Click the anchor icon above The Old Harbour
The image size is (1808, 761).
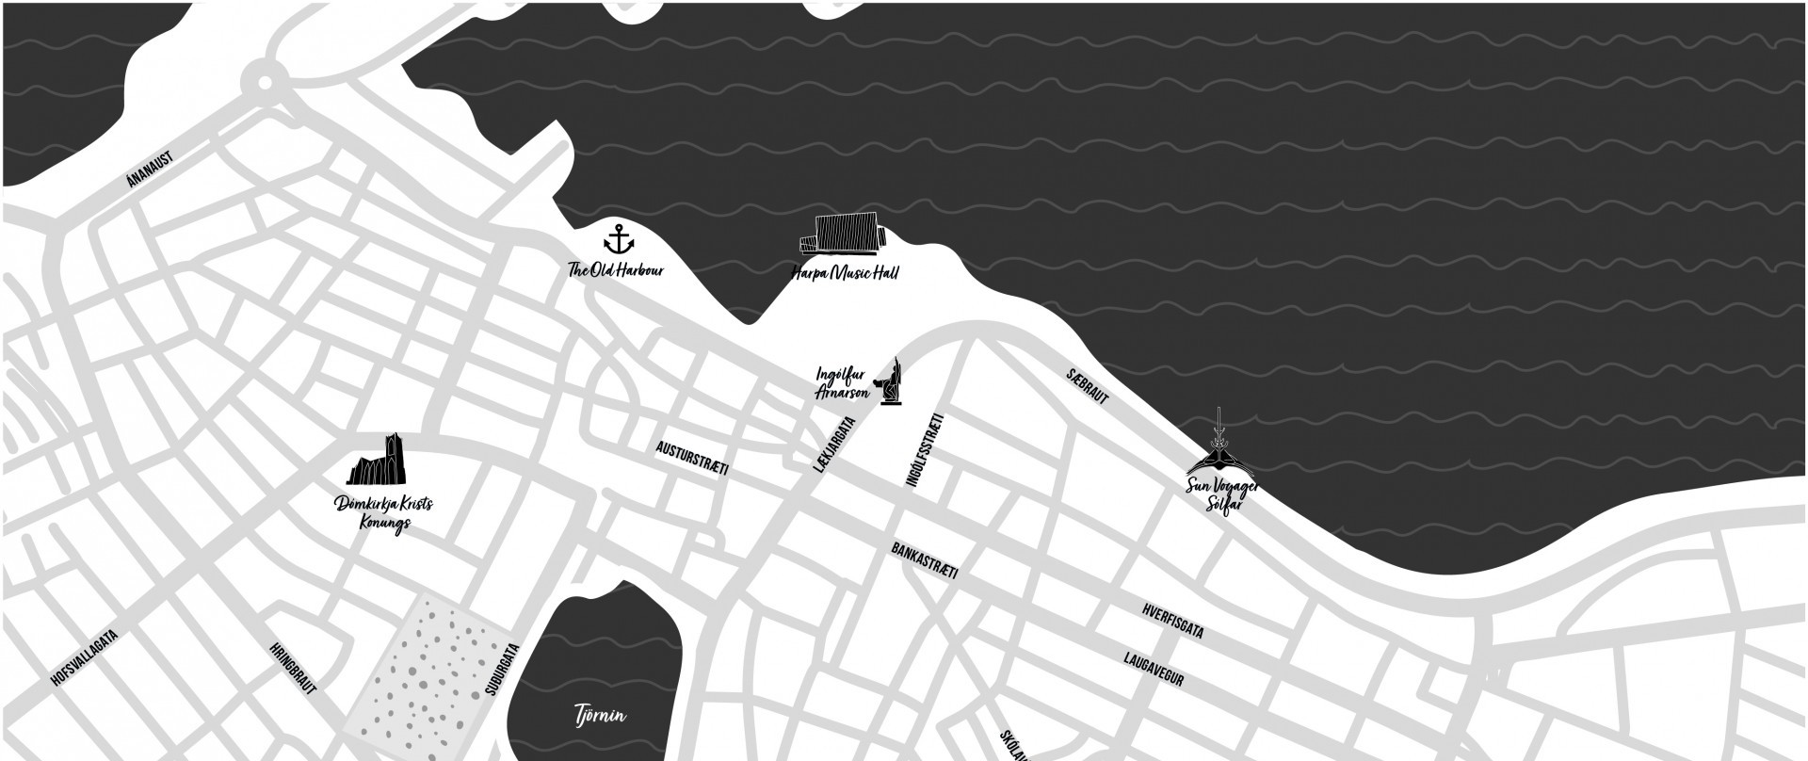pyautogui.click(x=618, y=239)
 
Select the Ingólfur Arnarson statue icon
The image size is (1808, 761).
pyautogui.click(x=892, y=382)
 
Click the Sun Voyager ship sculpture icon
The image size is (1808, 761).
pyautogui.click(x=1219, y=452)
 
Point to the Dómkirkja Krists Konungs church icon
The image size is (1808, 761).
pyautogui.click(x=382, y=461)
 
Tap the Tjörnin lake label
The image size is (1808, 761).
pyautogui.click(x=600, y=716)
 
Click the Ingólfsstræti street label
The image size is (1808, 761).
pyautogui.click(x=924, y=449)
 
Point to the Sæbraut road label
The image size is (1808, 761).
pyautogui.click(x=1088, y=386)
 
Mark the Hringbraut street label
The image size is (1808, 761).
pyautogui.click(x=293, y=669)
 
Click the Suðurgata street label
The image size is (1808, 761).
pyautogui.click(x=502, y=669)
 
